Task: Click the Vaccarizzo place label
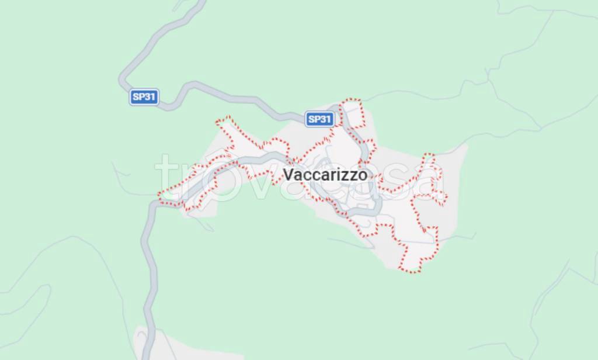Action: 325,174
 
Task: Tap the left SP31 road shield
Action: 144,97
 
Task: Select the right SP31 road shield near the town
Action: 319,119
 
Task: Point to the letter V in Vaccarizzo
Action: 288,174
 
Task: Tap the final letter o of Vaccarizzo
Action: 363,175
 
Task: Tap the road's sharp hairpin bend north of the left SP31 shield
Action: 123,76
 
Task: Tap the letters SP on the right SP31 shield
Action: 314,119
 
